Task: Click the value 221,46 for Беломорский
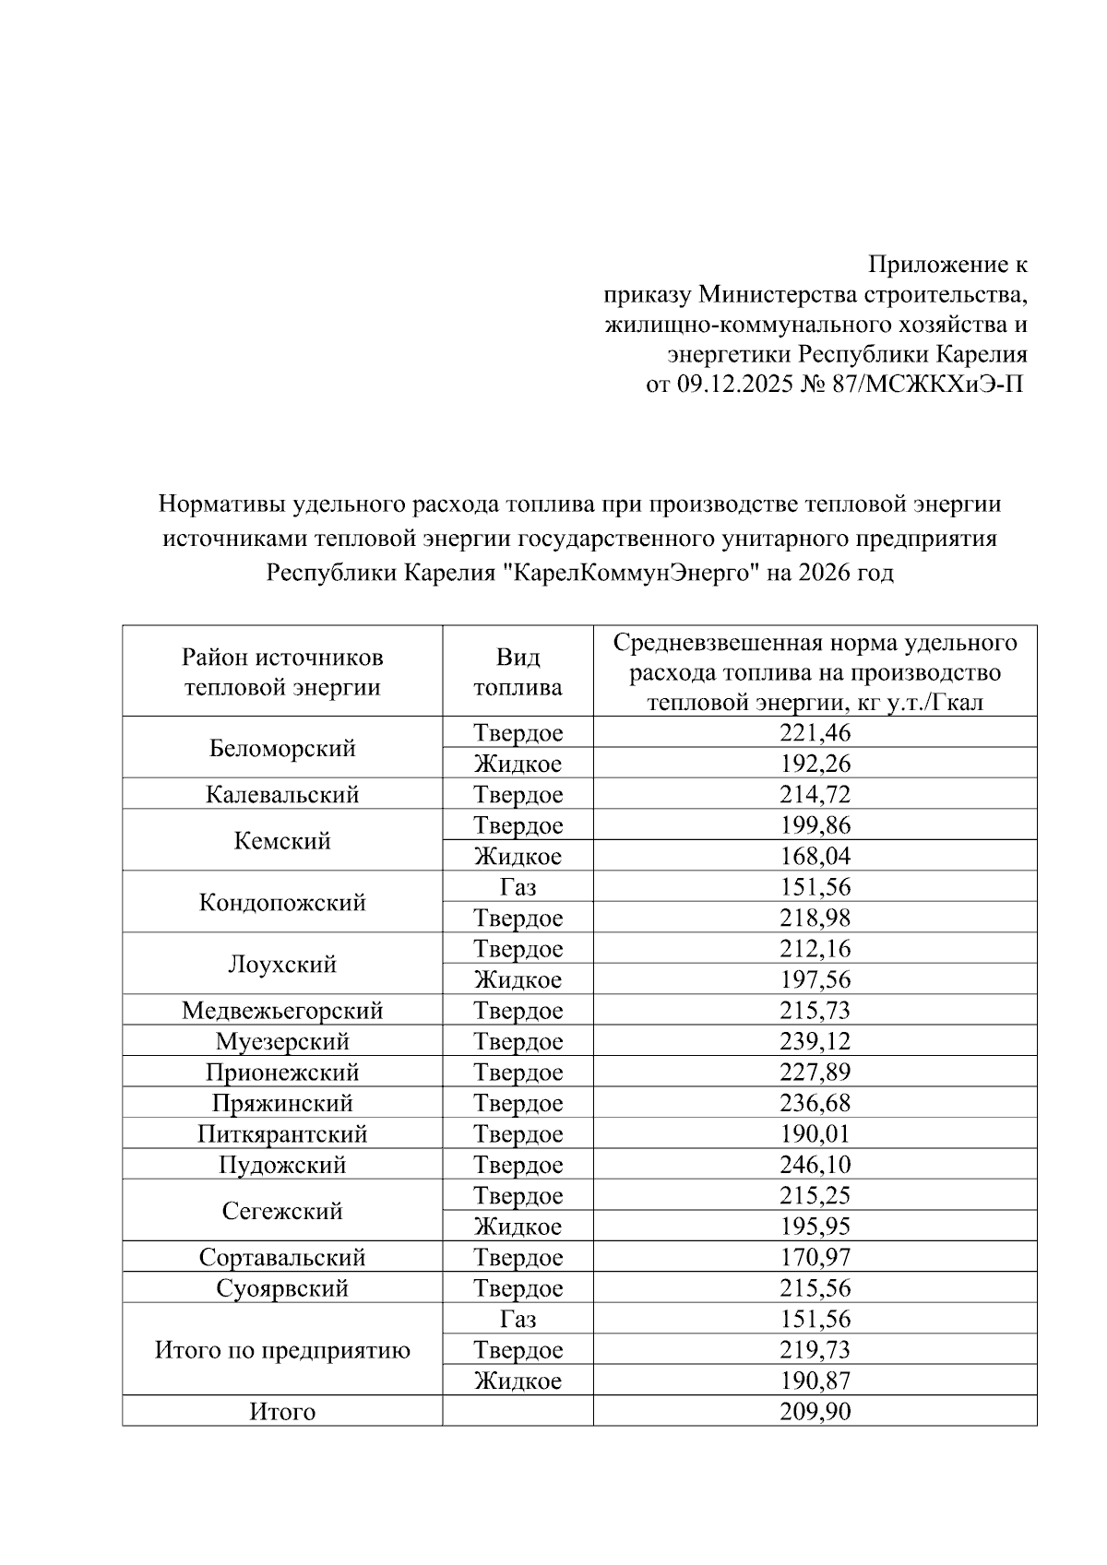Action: (x=815, y=733)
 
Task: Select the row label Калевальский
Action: (x=282, y=795)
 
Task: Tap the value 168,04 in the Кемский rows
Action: (x=815, y=857)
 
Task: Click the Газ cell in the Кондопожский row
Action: (x=518, y=887)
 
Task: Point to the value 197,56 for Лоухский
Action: (x=815, y=979)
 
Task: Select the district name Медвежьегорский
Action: (x=282, y=1011)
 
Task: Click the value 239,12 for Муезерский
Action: (x=815, y=1042)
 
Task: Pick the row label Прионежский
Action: (x=282, y=1073)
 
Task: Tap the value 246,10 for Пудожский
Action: (x=815, y=1165)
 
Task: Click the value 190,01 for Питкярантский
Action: (x=815, y=1134)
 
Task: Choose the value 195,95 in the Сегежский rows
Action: (x=815, y=1227)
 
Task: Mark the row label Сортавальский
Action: (x=282, y=1258)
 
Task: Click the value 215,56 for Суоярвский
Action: (x=815, y=1288)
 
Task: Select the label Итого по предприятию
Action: (x=282, y=1351)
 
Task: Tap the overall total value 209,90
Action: (x=815, y=1412)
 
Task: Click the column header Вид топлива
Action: (x=518, y=672)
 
